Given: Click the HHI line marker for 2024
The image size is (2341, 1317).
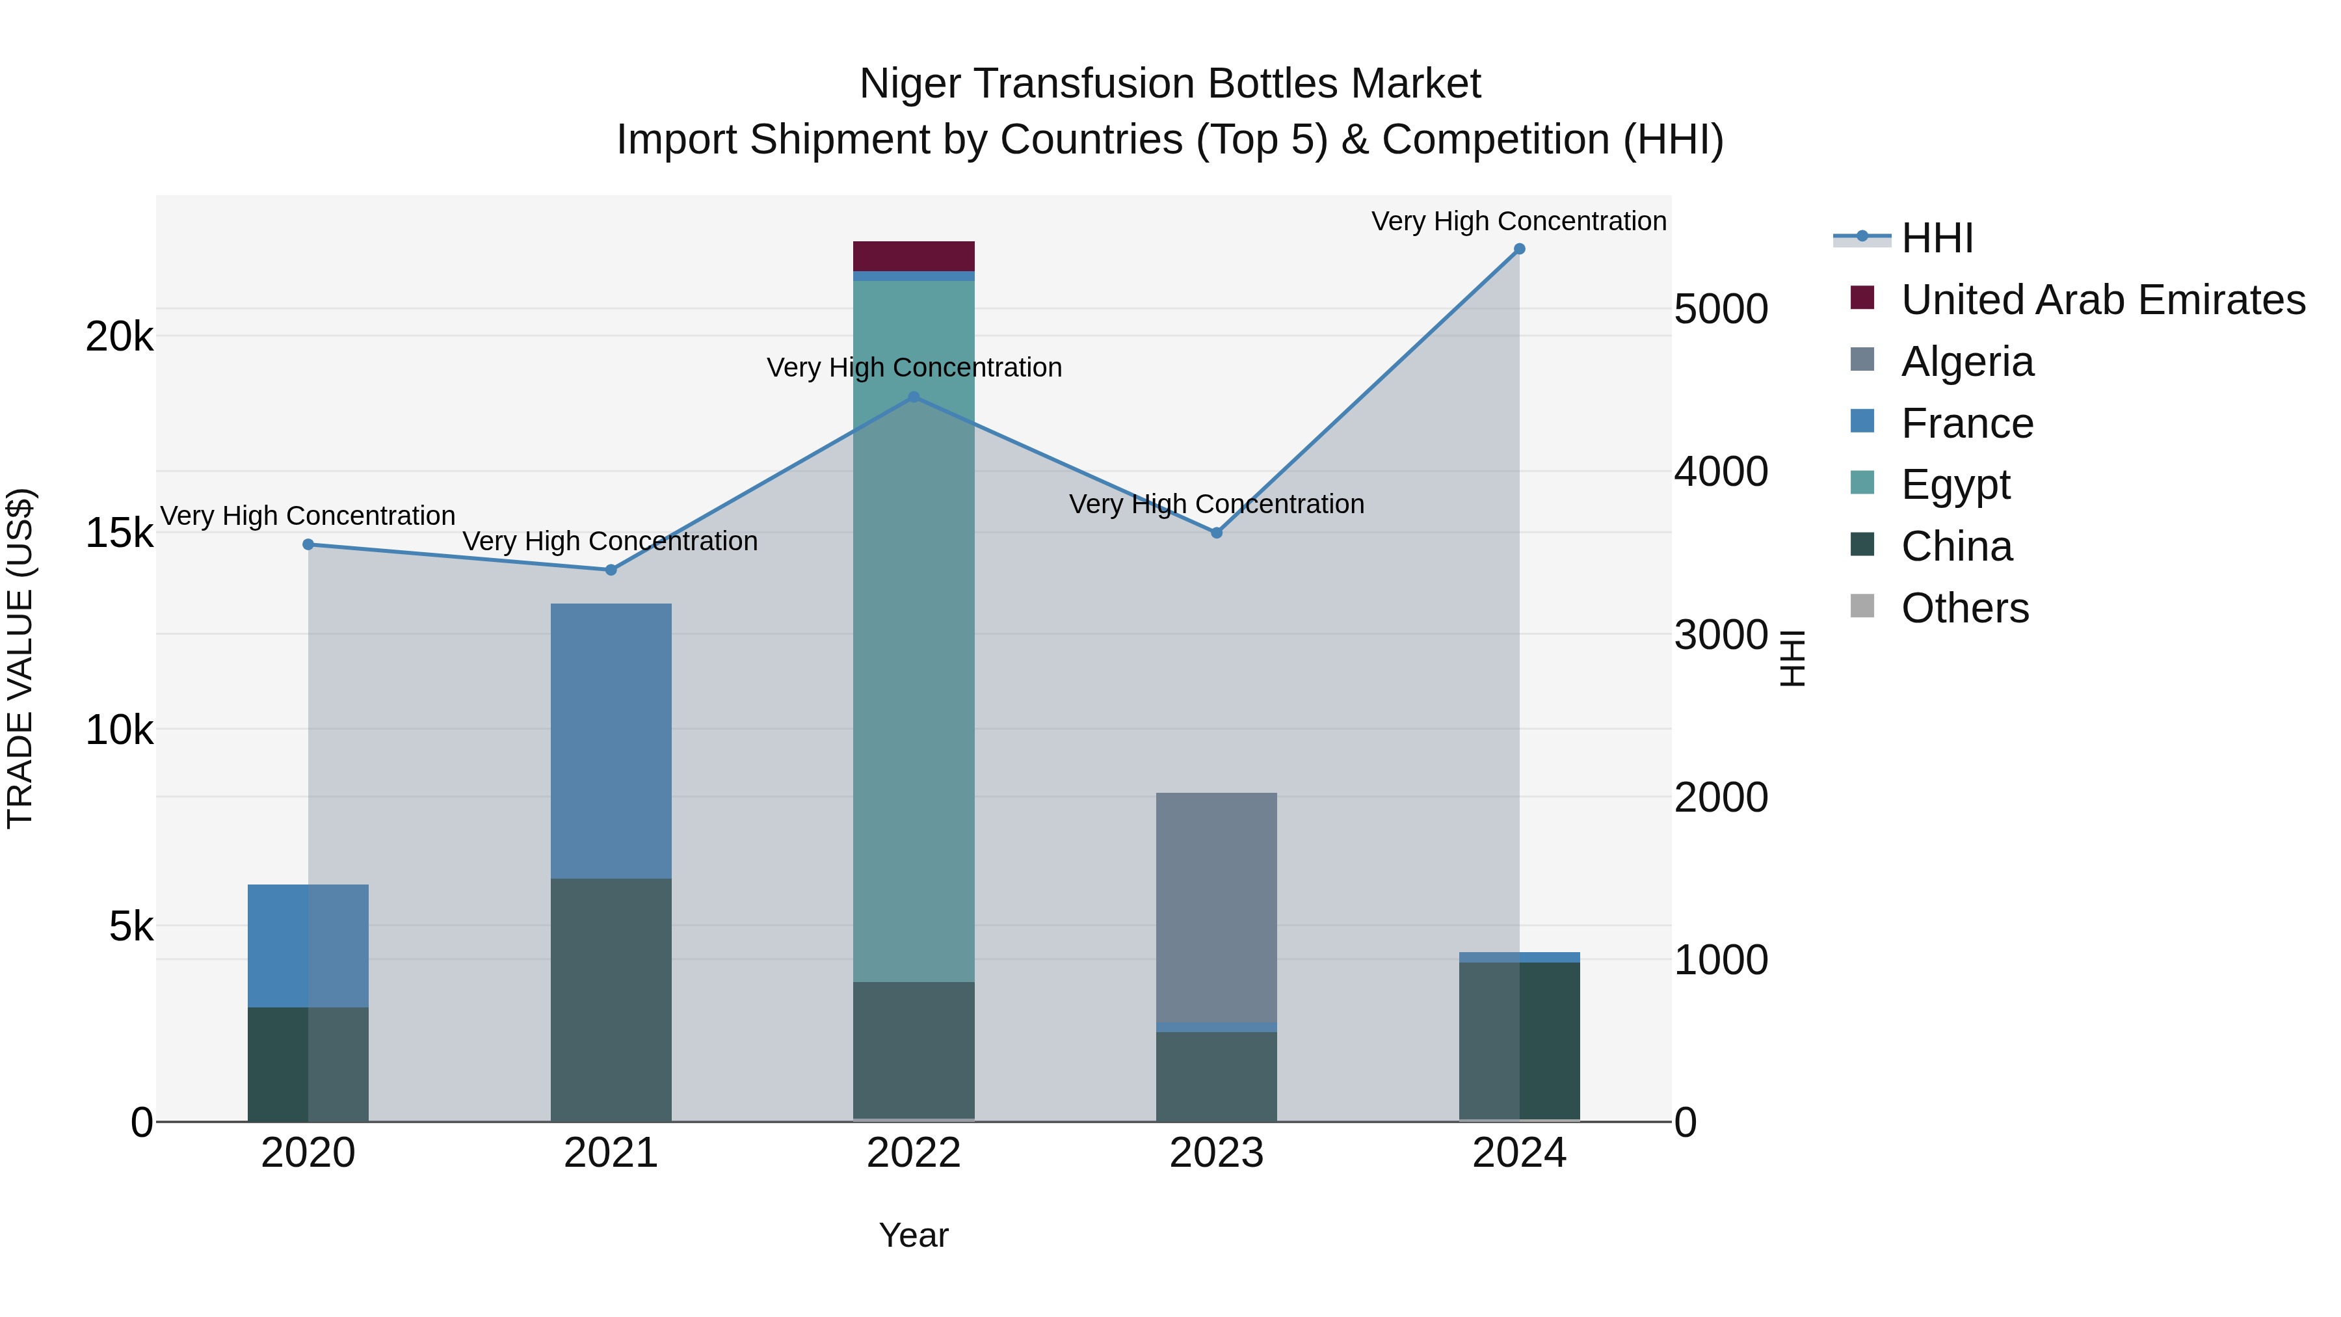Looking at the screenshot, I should [x=1518, y=249].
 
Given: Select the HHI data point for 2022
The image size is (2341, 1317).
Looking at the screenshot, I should [x=914, y=397].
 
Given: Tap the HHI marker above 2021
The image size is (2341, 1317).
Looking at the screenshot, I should [x=611, y=570].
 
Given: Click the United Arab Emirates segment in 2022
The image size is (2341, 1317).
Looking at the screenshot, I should [x=914, y=256].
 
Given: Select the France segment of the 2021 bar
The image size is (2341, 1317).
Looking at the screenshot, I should [x=611, y=741].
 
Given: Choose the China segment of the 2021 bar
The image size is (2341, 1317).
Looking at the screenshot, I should [x=611, y=1000].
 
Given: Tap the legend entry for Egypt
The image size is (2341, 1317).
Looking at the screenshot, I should [x=1954, y=485].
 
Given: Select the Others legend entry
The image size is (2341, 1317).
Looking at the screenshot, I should [x=1964, y=608].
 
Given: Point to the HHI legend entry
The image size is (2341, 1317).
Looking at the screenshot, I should [x=1936, y=238].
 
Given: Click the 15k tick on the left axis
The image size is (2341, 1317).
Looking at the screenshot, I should [x=119, y=533].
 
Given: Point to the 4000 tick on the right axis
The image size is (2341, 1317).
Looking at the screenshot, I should [x=1720, y=472].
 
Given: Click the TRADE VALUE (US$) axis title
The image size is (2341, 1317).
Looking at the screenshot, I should [x=20, y=659].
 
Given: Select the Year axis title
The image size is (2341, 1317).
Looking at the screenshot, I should [x=914, y=1235].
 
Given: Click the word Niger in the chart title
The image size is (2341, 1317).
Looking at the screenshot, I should [x=912, y=84].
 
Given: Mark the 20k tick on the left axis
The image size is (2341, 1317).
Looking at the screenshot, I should [x=119, y=337].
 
